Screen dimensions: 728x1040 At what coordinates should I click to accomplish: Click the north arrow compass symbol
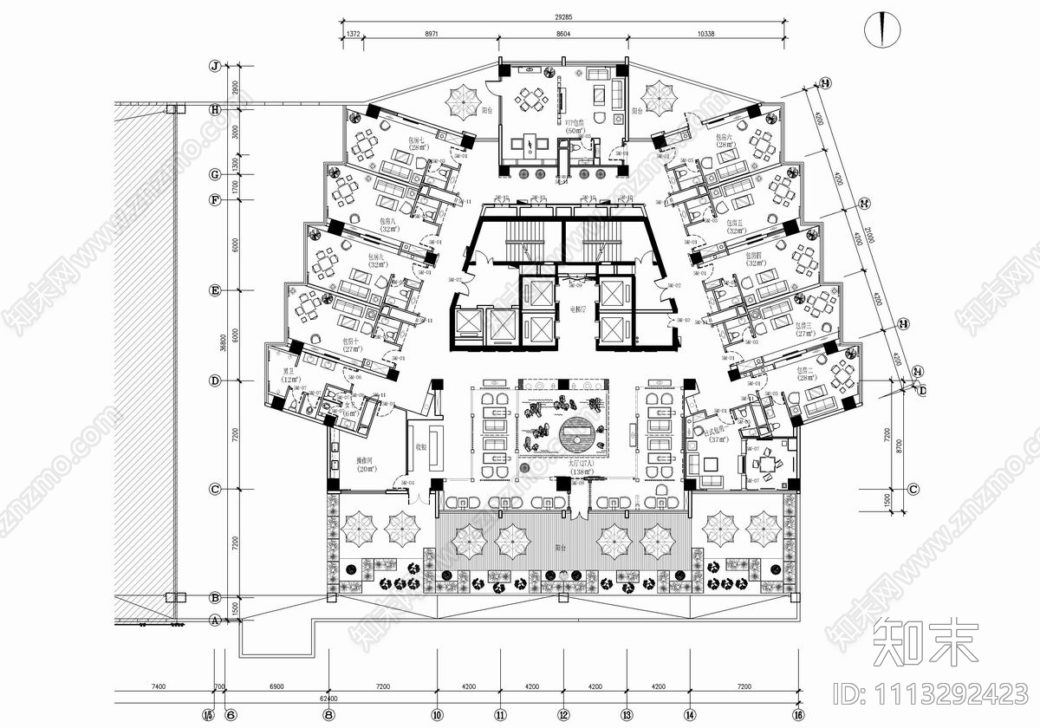pos(881,29)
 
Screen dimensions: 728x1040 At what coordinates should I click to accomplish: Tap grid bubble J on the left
pos(214,66)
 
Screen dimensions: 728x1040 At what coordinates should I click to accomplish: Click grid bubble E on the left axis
pos(214,290)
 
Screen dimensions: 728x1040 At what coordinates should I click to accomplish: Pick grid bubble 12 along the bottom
pos(563,715)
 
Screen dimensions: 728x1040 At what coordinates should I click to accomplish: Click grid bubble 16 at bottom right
pos(797,715)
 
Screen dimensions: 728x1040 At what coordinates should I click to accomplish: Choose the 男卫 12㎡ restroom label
pos(289,378)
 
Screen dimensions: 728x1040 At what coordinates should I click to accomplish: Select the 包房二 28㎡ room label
pos(808,374)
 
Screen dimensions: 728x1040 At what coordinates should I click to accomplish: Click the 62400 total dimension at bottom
pos(328,697)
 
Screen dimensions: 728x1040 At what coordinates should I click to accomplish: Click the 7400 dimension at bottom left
pos(157,686)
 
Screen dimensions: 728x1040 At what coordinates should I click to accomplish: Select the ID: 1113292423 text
pos(929,693)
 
